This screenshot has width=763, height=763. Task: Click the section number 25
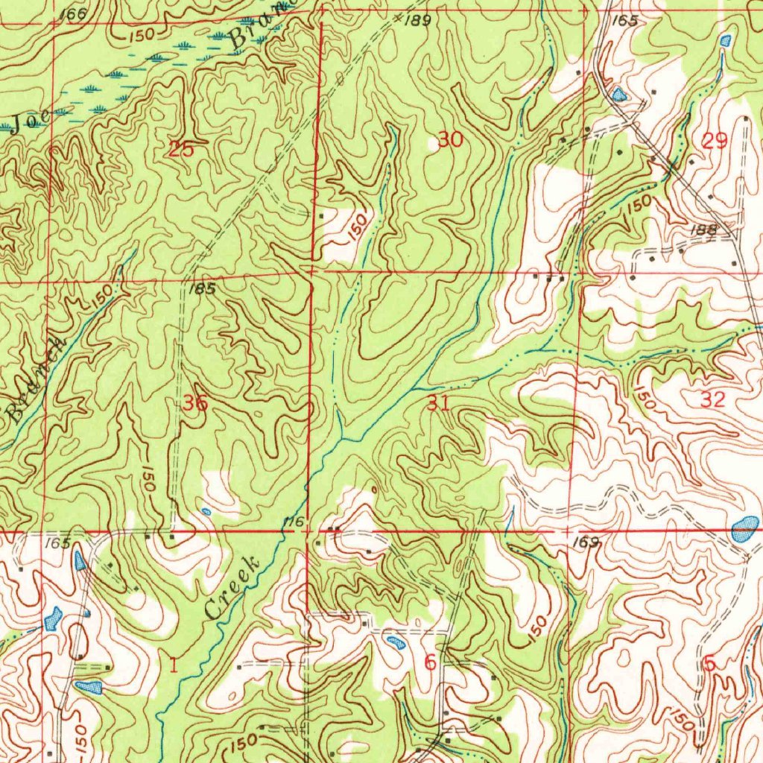pyautogui.click(x=181, y=149)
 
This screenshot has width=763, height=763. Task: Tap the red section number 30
pyautogui.click(x=450, y=139)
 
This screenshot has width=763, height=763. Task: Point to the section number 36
pyautogui.click(x=196, y=404)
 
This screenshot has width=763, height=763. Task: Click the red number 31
pyautogui.click(x=438, y=404)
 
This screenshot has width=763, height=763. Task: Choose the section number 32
pyautogui.click(x=713, y=399)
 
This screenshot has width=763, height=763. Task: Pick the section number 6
pyautogui.click(x=430, y=662)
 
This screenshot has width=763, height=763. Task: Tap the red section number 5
pyautogui.click(x=709, y=662)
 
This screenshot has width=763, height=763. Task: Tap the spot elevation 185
pyautogui.click(x=202, y=289)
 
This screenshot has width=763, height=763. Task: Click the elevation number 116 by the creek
pyautogui.click(x=294, y=523)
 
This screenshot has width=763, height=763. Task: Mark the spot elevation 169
pyautogui.click(x=588, y=542)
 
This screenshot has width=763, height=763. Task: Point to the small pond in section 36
pyautogui.click(x=206, y=511)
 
